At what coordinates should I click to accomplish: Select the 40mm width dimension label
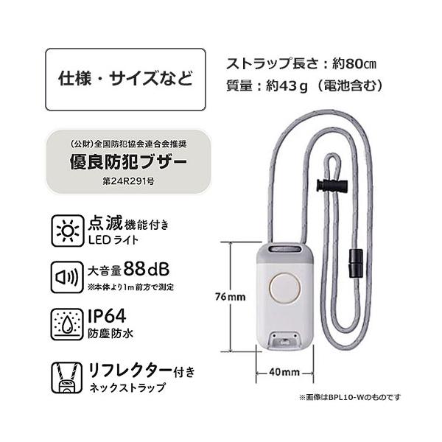coord(285,371)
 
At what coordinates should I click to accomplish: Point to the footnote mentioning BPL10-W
coord(350,397)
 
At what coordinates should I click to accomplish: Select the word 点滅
coord(105,223)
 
